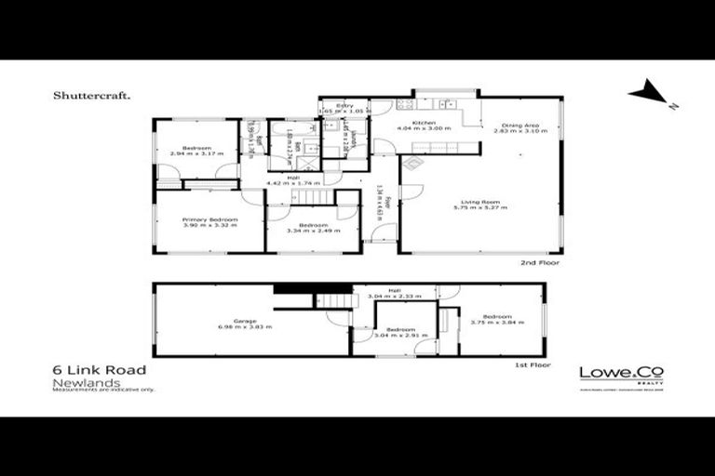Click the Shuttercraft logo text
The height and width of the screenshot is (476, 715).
point(92,95)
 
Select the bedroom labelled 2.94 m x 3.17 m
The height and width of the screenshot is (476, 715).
point(196,151)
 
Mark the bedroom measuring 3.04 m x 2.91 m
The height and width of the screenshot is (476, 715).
point(400,333)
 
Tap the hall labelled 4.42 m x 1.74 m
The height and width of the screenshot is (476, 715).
point(292,180)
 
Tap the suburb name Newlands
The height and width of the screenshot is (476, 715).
point(78,381)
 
